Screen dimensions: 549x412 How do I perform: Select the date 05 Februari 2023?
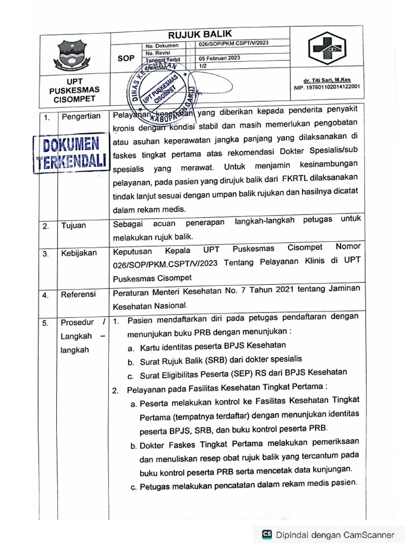pos(219,58)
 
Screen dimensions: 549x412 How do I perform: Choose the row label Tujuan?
pos(73,226)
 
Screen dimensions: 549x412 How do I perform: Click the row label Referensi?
pos(78,294)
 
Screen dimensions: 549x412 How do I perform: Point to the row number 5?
pos(47,323)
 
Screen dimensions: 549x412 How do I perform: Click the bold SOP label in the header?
pos(126,58)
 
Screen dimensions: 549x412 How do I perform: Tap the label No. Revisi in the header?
pos(157,53)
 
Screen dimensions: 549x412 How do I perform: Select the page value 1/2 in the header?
pos(203,65)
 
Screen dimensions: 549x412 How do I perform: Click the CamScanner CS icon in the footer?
pos(267,534)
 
